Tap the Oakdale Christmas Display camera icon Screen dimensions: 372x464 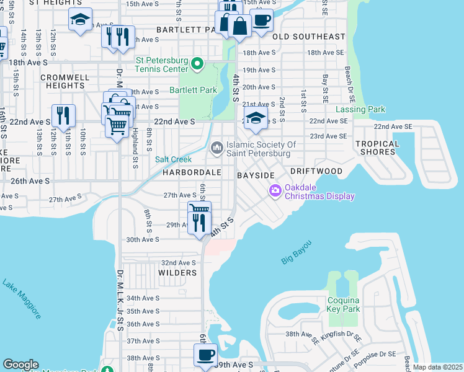click(x=275, y=190)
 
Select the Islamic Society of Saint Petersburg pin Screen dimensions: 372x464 click(x=217, y=148)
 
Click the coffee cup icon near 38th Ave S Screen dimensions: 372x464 click(x=205, y=356)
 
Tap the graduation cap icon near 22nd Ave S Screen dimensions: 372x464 click(x=255, y=119)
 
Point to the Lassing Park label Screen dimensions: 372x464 click(x=360, y=110)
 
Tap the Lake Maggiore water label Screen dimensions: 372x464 click(x=22, y=299)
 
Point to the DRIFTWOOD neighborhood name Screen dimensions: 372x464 click(x=316, y=170)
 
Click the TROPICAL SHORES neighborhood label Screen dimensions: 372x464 click(x=377, y=148)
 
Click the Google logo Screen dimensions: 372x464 click(x=20, y=365)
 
